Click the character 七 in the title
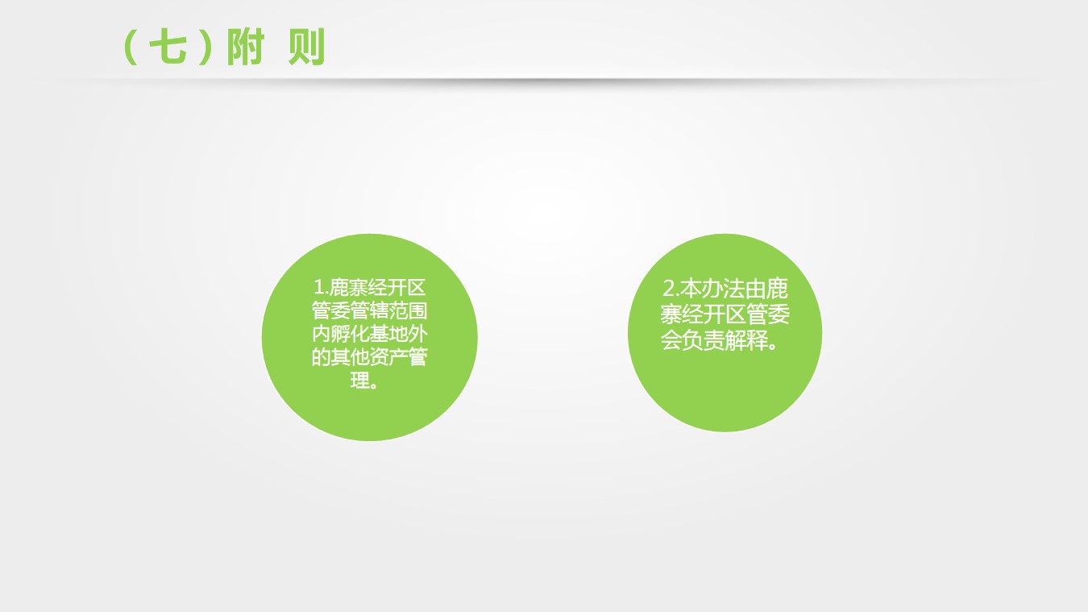pos(168,47)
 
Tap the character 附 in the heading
pos(246,47)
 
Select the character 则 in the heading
pos(306,47)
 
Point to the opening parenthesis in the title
pos(129,47)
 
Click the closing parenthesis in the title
pos(206,47)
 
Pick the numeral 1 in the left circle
pos(318,287)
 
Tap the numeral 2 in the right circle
pos(668,288)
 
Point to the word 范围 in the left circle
pos(408,310)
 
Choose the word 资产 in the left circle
pos(388,357)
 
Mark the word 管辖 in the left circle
pos(369,310)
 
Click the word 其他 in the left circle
pos(350,357)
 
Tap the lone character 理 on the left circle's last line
pos(360,381)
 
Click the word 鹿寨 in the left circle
pos(349,287)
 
